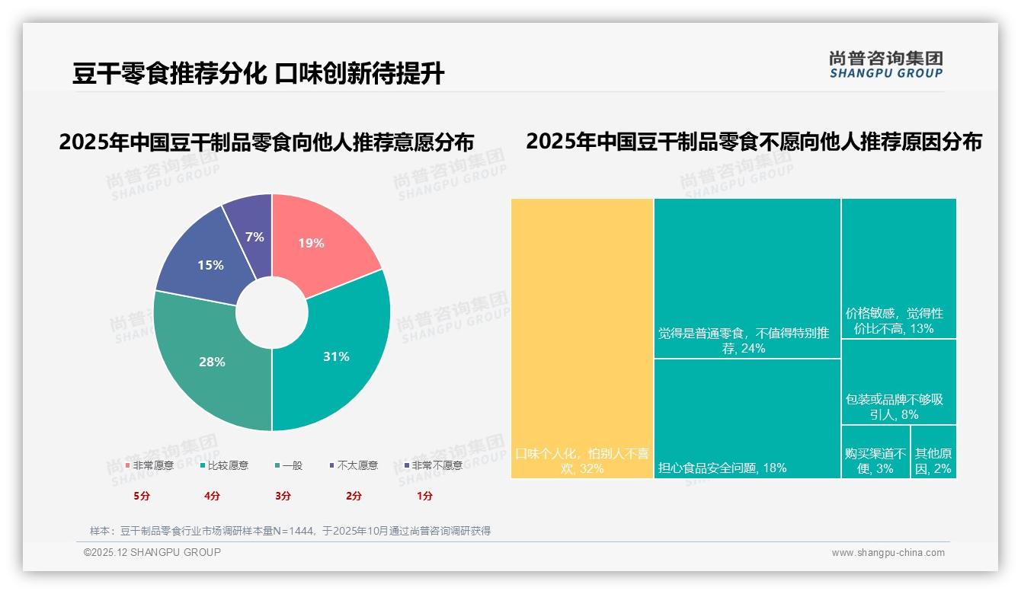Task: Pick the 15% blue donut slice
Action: click(206, 263)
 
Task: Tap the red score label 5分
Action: click(142, 496)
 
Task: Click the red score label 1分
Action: click(424, 496)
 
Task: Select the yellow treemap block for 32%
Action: click(582, 338)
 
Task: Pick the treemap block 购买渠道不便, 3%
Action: click(875, 452)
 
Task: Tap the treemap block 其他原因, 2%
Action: click(933, 452)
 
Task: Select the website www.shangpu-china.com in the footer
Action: click(888, 553)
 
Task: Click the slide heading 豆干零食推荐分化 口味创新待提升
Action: click(259, 73)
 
